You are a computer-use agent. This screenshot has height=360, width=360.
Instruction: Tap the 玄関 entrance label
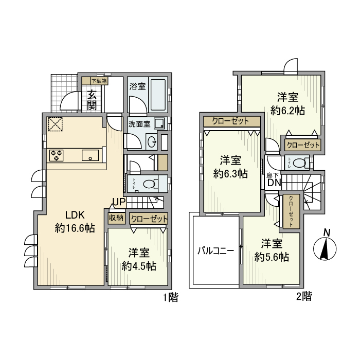coord(92,100)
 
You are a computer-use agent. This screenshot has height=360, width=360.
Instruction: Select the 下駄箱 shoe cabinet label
coord(99,81)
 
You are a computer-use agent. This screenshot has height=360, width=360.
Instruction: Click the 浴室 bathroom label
coord(136,86)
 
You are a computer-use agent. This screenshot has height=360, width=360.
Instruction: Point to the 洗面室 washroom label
coord(139,124)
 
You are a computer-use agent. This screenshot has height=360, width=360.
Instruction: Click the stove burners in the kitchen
coord(56,154)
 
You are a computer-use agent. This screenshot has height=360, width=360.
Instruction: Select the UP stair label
coord(118,202)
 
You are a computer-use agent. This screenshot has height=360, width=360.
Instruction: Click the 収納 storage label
coord(116,218)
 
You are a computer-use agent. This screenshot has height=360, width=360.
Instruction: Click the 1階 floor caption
coord(171,297)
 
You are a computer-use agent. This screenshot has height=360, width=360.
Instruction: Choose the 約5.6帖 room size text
coord(271,257)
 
